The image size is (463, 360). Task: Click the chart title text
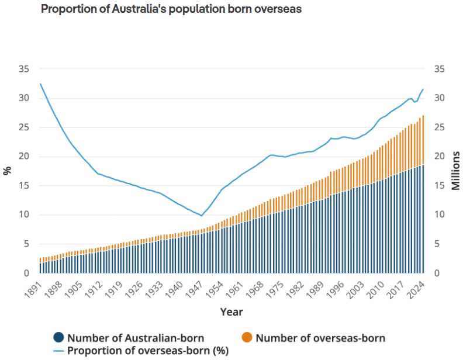tap(171, 9)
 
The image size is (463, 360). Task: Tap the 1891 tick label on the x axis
tap(33, 289)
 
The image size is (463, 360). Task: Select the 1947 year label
tap(194, 289)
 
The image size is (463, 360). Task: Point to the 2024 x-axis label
tap(416, 289)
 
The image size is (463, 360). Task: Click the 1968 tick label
tap(254, 289)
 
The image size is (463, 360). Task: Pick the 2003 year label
tap(355, 289)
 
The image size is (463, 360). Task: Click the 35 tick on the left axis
tap(24, 69)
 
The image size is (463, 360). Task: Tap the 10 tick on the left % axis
tap(24, 214)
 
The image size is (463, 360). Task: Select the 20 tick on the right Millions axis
tap(440, 157)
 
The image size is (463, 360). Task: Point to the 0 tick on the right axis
tap(437, 273)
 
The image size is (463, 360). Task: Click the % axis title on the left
tap(8, 171)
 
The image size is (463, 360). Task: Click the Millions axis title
tap(455, 171)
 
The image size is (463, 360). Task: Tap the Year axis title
tap(231, 312)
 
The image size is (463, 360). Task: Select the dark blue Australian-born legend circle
tap(58, 337)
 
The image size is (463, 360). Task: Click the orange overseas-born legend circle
tap(247, 337)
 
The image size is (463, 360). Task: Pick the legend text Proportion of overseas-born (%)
tap(148, 351)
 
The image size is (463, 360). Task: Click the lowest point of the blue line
tap(201, 216)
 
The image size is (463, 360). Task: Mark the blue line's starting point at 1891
tap(40, 84)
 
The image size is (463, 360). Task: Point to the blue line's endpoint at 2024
tap(423, 89)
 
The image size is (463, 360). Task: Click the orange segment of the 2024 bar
tap(423, 140)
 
